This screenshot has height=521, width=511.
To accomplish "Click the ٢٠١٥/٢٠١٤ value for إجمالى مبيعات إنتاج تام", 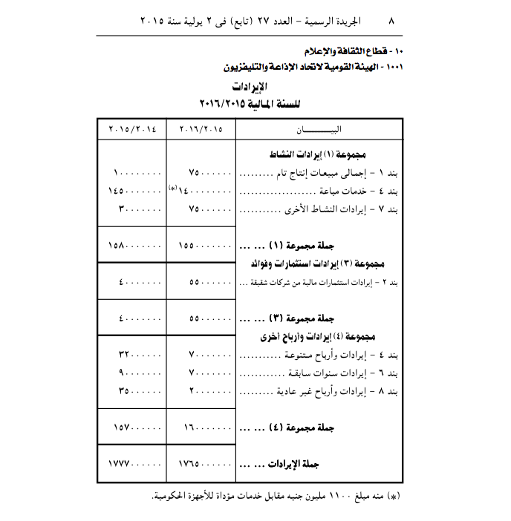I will click(138, 174).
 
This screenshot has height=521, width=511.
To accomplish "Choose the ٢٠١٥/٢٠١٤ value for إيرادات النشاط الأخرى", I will click(138, 209).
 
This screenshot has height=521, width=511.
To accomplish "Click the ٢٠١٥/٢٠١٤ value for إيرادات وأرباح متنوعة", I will click(139, 355).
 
